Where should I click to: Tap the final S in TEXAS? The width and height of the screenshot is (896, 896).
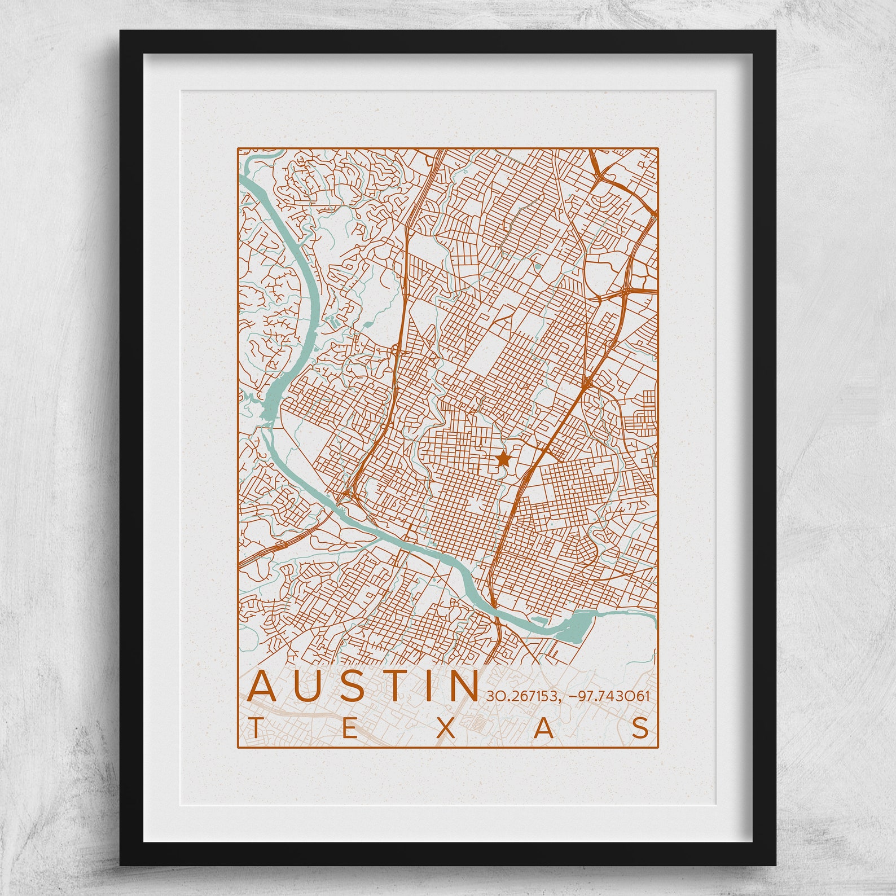point(640,728)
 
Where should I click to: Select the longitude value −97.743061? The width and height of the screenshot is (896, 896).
point(609,696)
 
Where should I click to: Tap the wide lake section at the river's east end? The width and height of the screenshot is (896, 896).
point(576,625)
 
